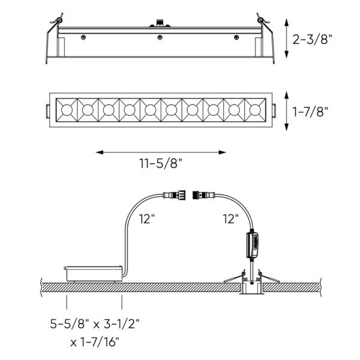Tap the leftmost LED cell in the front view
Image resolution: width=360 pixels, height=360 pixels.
click(x=65, y=110)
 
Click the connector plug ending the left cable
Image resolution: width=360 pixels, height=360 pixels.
click(x=172, y=194)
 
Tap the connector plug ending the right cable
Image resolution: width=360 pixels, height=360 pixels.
click(x=202, y=194)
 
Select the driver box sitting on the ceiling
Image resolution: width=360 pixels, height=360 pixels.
click(x=94, y=273)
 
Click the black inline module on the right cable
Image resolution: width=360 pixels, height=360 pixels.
click(x=254, y=245)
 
